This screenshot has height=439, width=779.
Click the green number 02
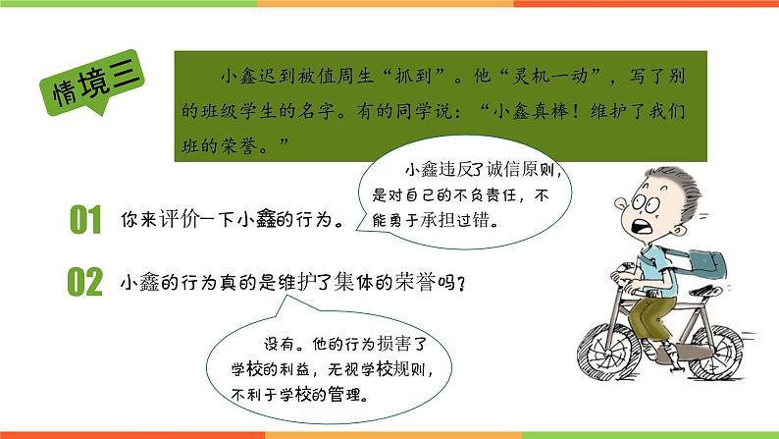[x=85, y=282]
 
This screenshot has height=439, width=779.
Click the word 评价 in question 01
[x=182, y=219]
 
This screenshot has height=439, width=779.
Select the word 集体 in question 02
[x=361, y=282]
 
